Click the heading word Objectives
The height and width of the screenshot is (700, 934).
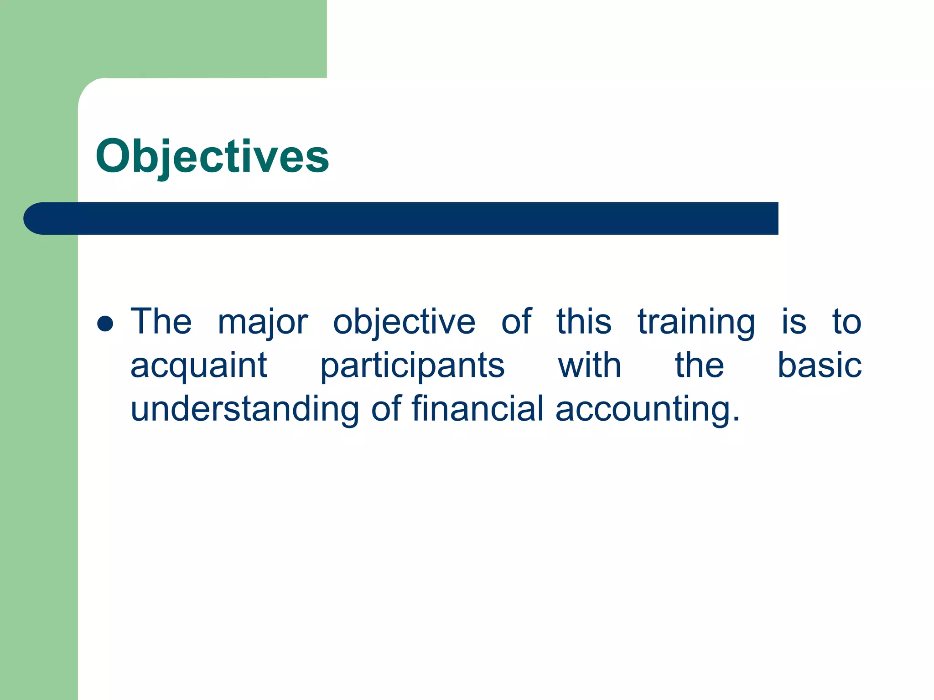coord(212,156)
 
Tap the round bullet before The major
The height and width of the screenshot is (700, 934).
coord(105,324)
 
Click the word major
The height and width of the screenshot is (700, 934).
coord(263,322)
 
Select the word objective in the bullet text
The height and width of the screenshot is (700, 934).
coord(404,322)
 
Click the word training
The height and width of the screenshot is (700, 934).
coord(696,322)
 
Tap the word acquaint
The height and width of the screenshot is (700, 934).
coord(198,365)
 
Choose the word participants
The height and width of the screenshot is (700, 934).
coord(412,365)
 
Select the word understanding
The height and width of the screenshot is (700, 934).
coord(245,408)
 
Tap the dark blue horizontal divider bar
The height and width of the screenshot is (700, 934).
coord(410,218)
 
